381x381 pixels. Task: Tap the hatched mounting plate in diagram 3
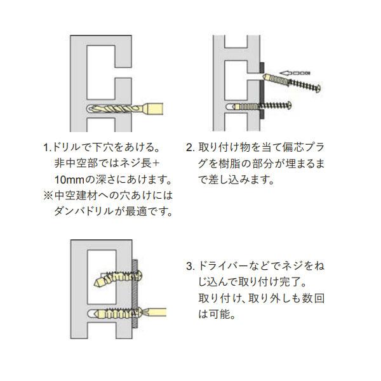135,293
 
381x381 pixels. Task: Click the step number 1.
46,147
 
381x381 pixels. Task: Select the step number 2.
189,147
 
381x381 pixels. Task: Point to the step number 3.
189,265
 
